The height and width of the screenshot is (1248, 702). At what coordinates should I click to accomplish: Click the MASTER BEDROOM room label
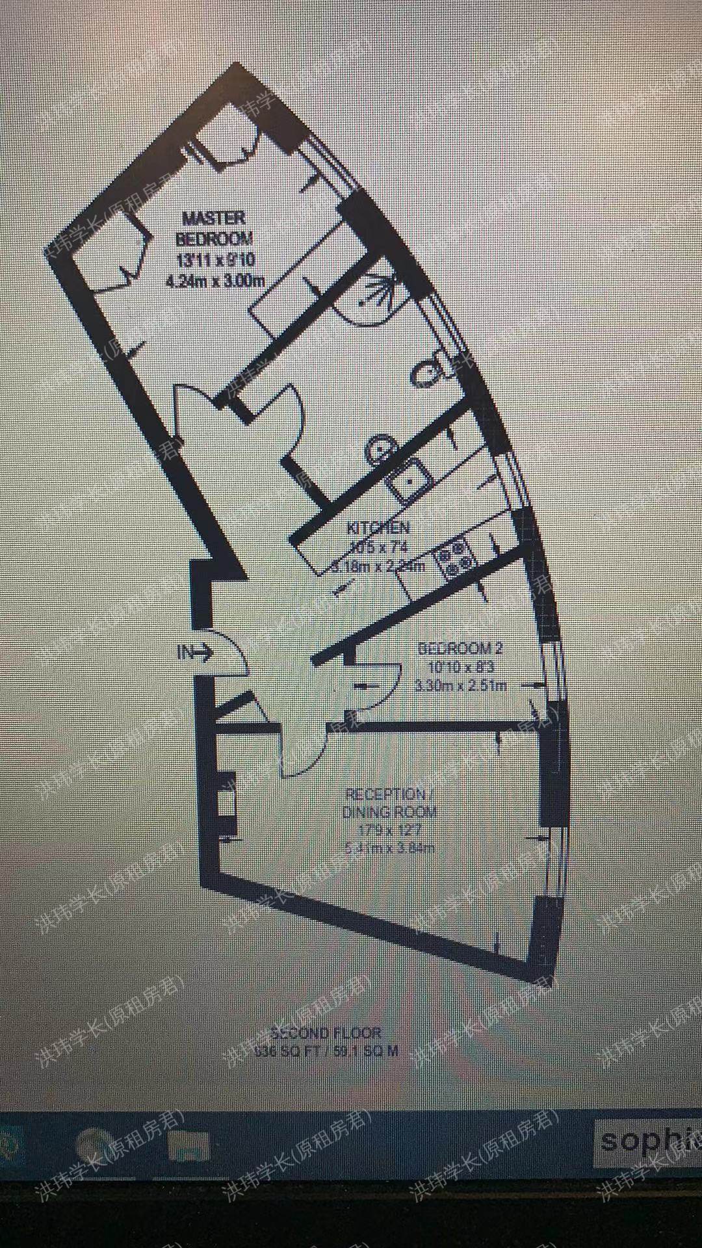tap(214, 228)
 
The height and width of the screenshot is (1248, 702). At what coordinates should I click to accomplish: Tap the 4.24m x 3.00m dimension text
tap(214, 281)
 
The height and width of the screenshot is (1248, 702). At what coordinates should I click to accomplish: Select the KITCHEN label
tap(379, 527)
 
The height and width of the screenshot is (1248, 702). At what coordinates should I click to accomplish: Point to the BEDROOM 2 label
tap(460, 648)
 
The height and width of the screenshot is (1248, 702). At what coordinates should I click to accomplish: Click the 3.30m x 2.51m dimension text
tap(461, 684)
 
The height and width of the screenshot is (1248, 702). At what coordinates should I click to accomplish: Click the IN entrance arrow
tap(194, 652)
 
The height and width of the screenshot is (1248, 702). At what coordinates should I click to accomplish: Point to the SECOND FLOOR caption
tap(326, 1033)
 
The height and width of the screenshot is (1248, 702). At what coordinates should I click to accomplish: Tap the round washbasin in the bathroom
tap(378, 449)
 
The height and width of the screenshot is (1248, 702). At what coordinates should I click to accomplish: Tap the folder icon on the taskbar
tap(188, 1147)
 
